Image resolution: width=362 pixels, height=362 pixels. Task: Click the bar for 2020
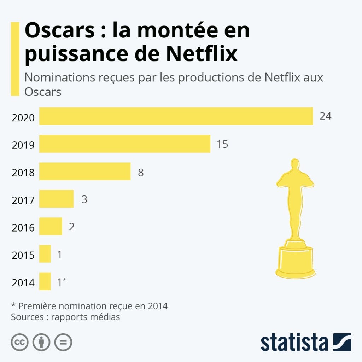(x=176, y=116)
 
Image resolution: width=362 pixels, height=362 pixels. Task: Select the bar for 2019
(x=124, y=144)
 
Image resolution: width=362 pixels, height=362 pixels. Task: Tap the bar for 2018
(x=84, y=171)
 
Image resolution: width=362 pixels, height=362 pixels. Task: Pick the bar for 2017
(x=56, y=199)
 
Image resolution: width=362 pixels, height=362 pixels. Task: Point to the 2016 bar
(x=51, y=226)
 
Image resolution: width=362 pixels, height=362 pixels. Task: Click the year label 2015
(x=23, y=255)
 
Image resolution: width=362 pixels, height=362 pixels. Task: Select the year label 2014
(x=23, y=283)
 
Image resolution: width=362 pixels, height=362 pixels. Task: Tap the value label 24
(x=325, y=116)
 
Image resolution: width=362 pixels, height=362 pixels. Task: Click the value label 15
(x=222, y=144)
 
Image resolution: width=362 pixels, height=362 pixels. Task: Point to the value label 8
(x=141, y=173)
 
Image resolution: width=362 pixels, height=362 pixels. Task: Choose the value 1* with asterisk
(x=62, y=282)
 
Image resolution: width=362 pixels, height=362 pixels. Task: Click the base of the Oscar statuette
(x=295, y=261)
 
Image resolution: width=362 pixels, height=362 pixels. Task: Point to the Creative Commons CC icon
(x=20, y=342)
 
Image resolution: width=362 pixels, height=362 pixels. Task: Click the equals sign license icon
(x=63, y=342)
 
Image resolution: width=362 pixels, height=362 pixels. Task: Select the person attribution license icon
(x=41, y=342)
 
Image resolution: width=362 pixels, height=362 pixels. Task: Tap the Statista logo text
(x=294, y=343)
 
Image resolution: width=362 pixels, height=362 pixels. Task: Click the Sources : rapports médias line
(x=65, y=317)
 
